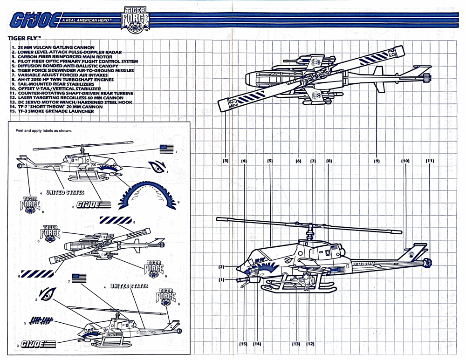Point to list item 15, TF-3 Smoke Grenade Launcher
(53, 111)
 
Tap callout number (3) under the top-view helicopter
(226, 161)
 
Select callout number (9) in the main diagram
(376, 161)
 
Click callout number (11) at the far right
(430, 161)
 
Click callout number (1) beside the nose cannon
(222, 279)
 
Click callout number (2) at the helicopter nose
(222, 267)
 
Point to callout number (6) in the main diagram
(299, 161)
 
